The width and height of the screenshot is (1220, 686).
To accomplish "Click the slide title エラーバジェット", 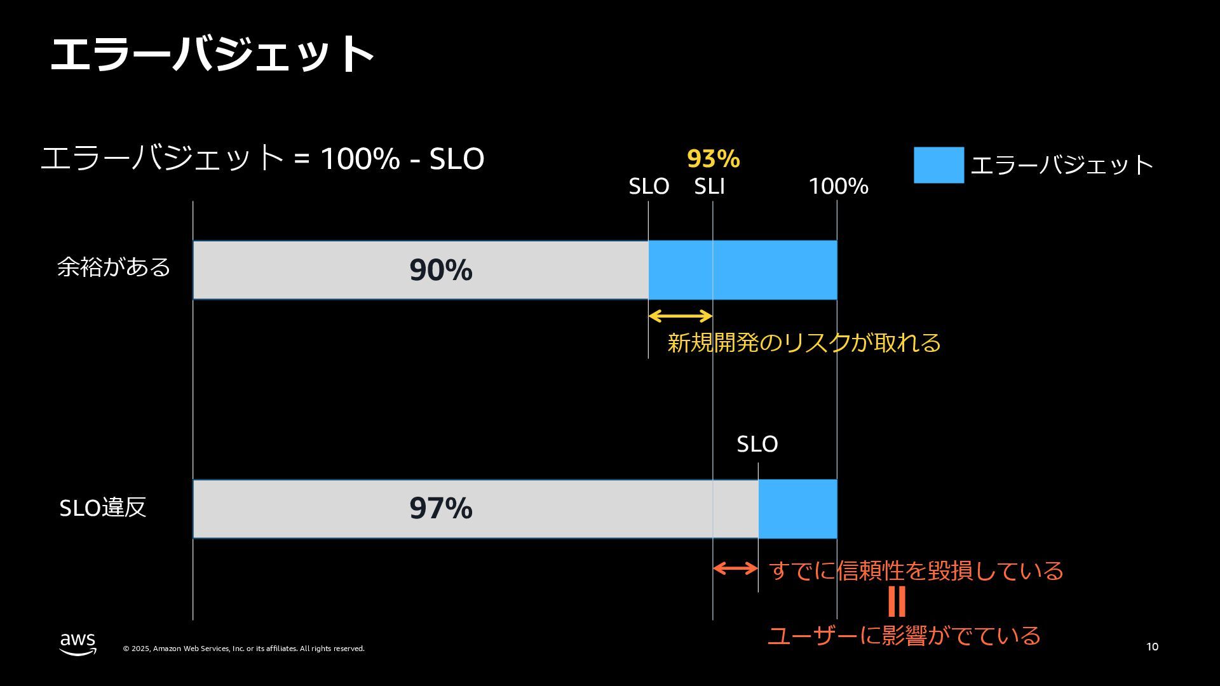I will (x=212, y=54).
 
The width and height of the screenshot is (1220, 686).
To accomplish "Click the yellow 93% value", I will (x=713, y=159).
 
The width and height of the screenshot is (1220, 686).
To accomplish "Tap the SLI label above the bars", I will (x=709, y=187).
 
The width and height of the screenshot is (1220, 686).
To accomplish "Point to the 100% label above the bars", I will (x=838, y=187).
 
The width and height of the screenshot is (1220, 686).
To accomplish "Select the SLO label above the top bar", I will (x=649, y=187).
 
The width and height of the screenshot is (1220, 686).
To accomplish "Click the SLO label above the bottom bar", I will (x=757, y=444).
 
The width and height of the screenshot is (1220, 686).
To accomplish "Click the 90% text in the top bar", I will (x=440, y=270).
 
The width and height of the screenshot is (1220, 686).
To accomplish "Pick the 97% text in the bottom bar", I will (x=440, y=508).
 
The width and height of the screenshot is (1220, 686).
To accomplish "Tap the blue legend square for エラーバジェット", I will (x=939, y=165).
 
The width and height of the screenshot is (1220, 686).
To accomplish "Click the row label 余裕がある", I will (x=114, y=267).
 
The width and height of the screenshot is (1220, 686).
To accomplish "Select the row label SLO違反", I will (x=103, y=508).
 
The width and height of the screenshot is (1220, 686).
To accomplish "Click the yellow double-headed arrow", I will (x=680, y=316).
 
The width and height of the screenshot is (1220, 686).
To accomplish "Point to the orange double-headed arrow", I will (x=735, y=568).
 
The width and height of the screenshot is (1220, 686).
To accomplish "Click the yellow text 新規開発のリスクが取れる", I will (x=804, y=343).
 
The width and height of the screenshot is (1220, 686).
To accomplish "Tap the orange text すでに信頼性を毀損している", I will (x=916, y=570).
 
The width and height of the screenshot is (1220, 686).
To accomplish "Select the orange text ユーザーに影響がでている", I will (x=904, y=636).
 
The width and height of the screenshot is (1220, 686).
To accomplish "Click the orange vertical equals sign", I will (x=897, y=601).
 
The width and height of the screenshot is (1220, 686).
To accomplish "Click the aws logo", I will (x=78, y=644).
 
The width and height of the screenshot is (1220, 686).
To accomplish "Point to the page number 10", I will (x=1152, y=647).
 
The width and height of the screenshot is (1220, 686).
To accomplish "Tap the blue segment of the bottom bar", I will (x=797, y=509).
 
